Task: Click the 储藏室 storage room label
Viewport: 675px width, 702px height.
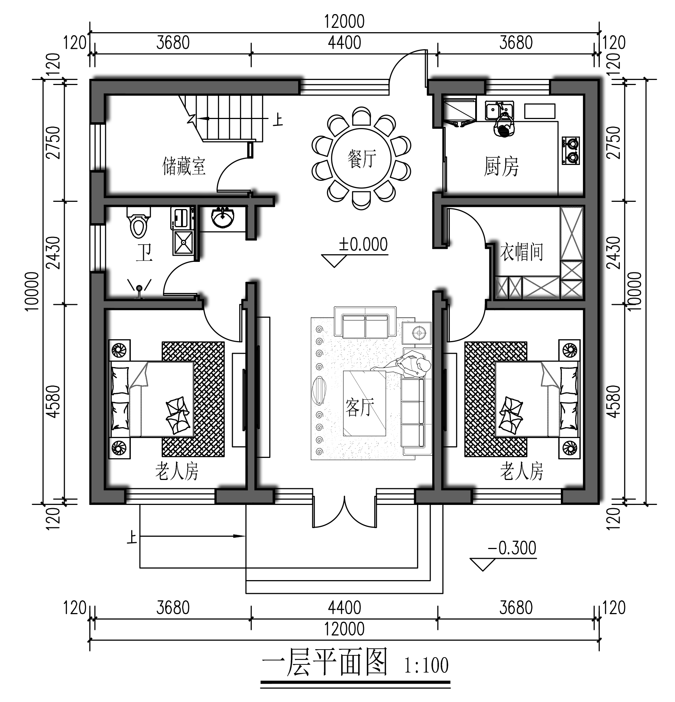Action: (x=184, y=166)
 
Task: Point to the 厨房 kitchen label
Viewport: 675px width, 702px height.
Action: (x=501, y=167)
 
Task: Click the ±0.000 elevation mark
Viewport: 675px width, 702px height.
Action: (x=363, y=245)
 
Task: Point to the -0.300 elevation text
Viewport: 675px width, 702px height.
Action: (x=512, y=548)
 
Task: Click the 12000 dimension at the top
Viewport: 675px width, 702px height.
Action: (x=344, y=22)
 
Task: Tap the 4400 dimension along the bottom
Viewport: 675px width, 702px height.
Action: (x=344, y=608)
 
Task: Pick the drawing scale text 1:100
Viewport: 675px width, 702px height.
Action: (x=426, y=665)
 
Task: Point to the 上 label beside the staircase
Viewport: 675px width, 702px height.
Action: (x=278, y=120)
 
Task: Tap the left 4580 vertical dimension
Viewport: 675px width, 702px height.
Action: (x=53, y=402)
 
